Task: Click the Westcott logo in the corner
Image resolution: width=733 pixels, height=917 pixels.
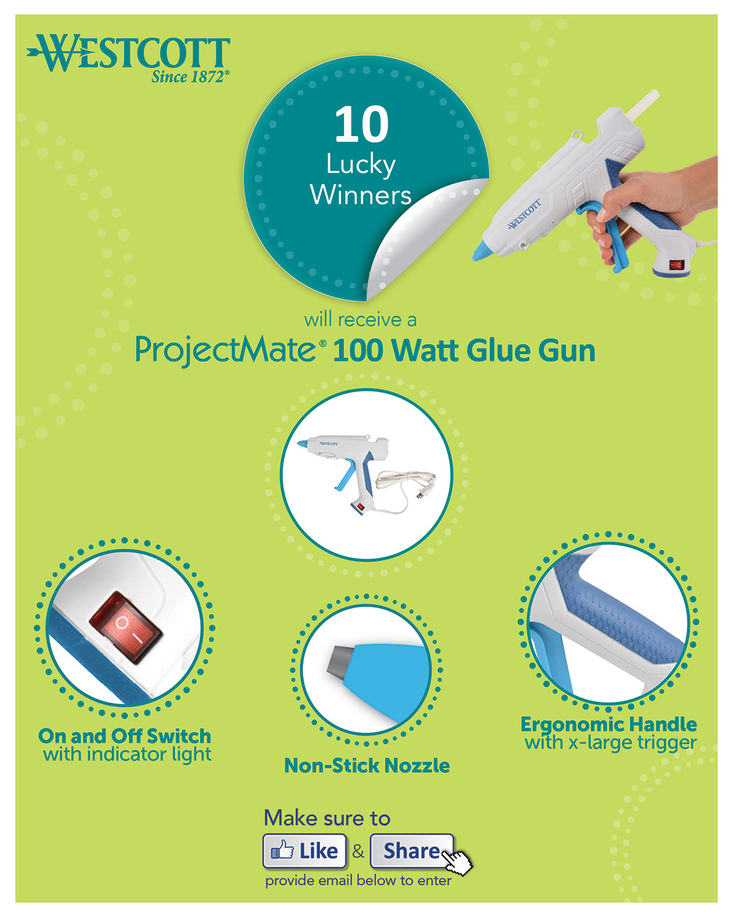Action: [128, 58]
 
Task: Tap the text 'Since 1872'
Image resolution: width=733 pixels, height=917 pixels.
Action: [190, 77]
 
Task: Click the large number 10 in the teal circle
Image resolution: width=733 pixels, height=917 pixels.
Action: [362, 124]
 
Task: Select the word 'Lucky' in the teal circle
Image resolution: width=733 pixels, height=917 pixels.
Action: [361, 165]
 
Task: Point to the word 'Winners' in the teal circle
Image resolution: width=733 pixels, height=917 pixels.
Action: [361, 195]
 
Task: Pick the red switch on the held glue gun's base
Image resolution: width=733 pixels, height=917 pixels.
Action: [676, 265]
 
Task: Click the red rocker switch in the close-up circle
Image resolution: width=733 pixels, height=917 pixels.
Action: [125, 628]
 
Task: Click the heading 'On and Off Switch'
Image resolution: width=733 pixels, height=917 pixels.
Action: [124, 736]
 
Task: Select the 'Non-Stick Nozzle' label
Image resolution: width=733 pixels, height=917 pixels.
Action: [366, 765]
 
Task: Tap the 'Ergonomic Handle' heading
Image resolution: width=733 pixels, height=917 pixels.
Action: [609, 724]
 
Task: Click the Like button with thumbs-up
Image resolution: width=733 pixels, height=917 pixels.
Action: [304, 851]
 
